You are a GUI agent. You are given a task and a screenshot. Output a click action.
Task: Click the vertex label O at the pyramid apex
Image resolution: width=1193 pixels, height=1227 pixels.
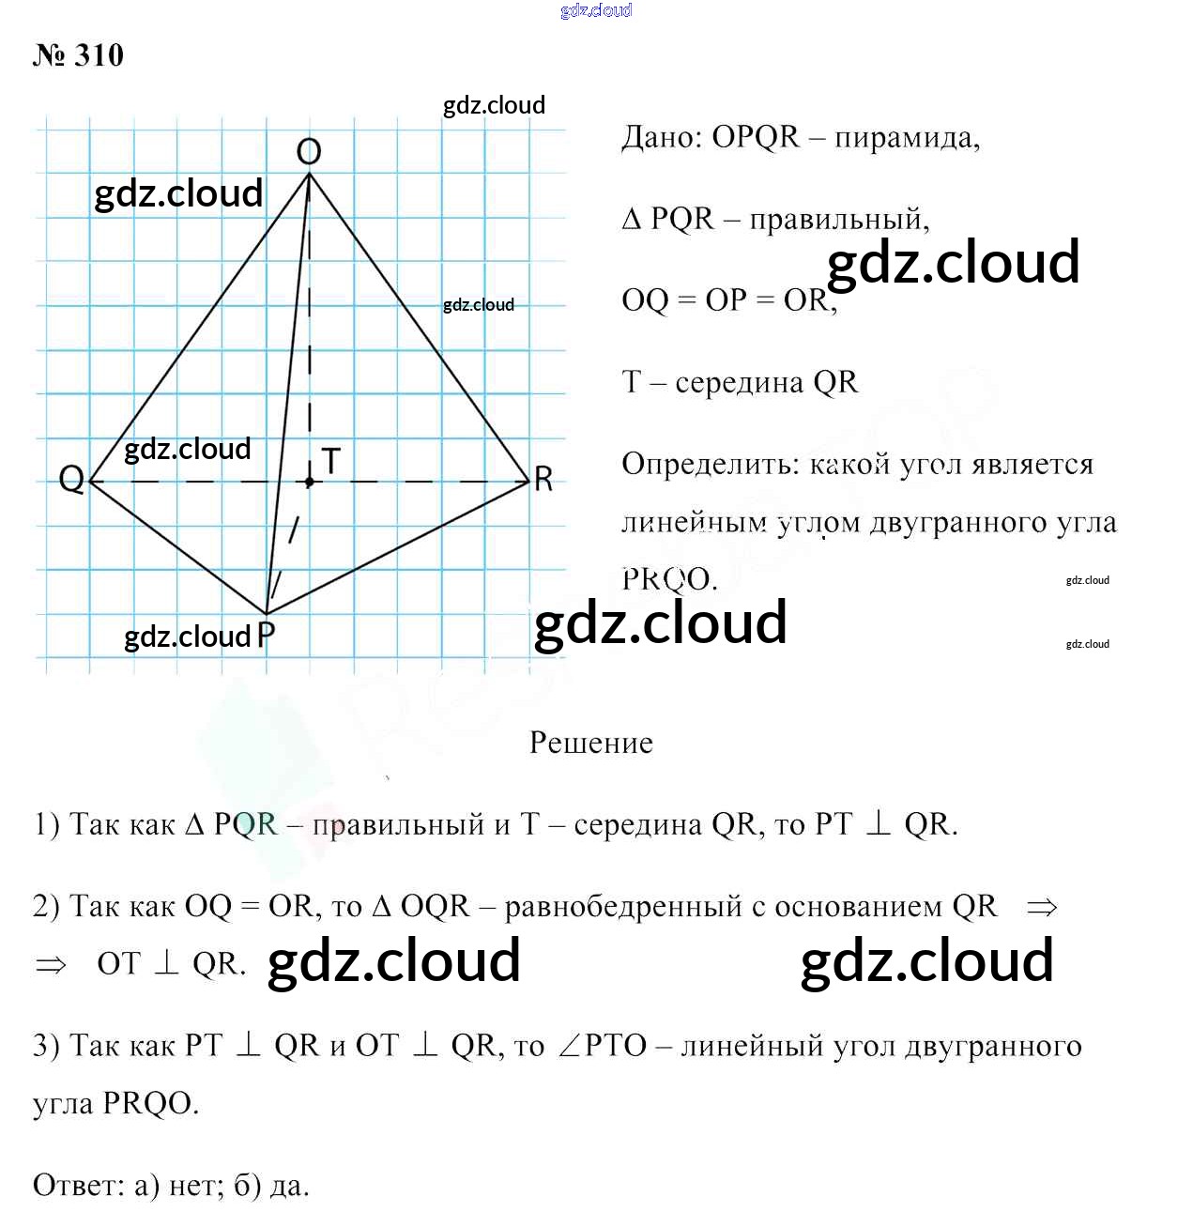[x=309, y=151]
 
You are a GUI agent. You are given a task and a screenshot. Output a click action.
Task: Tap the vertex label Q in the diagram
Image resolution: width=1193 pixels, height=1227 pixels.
[x=71, y=479]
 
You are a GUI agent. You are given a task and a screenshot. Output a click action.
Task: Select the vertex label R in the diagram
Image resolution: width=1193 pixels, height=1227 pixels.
[x=543, y=480]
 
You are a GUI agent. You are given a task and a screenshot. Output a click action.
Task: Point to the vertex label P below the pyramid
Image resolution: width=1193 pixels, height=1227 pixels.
[x=267, y=636]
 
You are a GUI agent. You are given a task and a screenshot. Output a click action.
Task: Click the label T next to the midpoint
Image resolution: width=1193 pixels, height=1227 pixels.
[x=330, y=461]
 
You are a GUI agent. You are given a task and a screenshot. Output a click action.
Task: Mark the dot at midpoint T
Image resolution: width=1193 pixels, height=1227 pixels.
[x=310, y=482]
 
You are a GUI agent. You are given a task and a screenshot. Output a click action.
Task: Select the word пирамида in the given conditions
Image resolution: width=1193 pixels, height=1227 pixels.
[x=906, y=139]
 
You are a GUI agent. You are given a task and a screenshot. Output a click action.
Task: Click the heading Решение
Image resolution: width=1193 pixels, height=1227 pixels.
[x=591, y=743]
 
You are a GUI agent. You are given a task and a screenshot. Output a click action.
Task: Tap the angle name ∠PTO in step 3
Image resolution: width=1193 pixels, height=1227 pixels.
[x=603, y=1046]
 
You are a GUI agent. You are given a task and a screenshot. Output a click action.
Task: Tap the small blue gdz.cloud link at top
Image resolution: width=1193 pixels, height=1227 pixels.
[x=596, y=10]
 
